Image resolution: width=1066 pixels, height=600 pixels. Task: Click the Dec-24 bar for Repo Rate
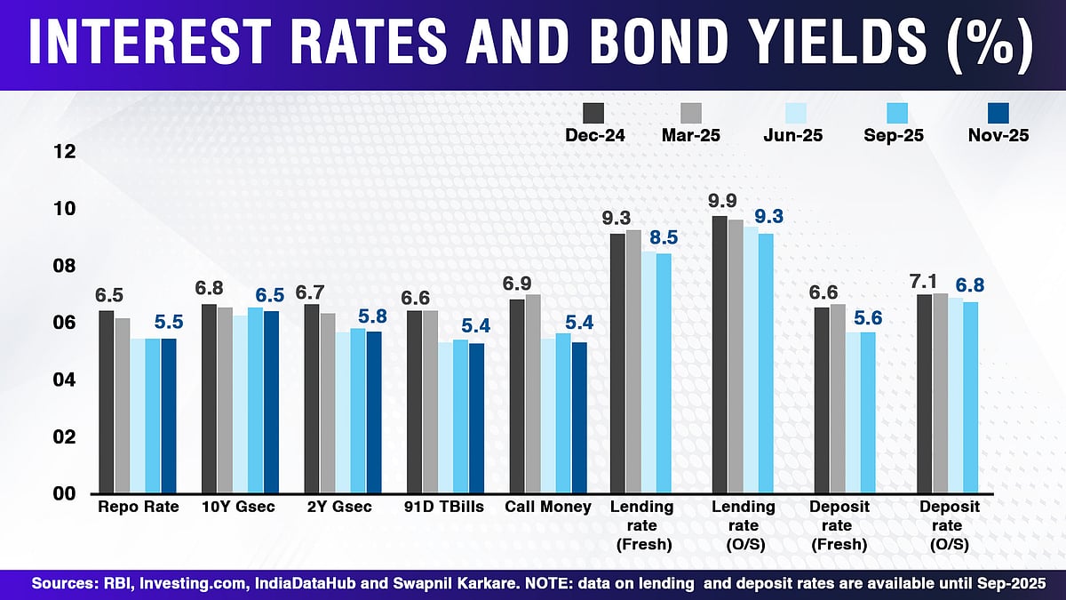pyautogui.click(x=106, y=402)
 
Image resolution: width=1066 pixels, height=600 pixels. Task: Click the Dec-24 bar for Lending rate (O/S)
pyautogui.click(x=720, y=355)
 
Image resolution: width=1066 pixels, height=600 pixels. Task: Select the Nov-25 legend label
pyautogui.click(x=998, y=136)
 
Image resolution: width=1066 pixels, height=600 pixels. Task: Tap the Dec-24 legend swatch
pyautogui.click(x=593, y=114)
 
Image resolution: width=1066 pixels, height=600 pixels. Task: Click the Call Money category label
pyautogui.click(x=548, y=507)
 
